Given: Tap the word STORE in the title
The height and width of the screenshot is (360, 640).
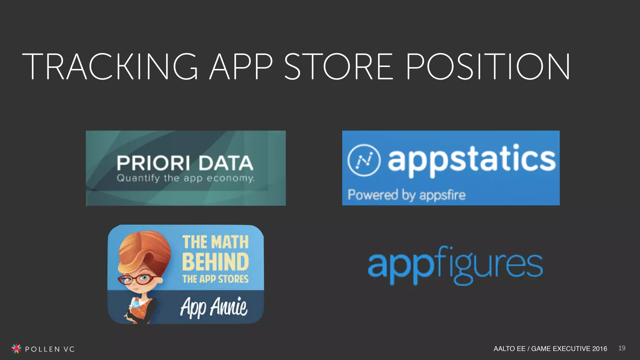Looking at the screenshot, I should click(338, 66).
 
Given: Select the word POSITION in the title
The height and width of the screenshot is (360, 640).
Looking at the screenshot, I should click(488, 66).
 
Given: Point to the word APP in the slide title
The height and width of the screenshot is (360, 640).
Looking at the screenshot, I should click(241, 66).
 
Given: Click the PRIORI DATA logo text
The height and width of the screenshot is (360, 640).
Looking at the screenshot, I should click(185, 163).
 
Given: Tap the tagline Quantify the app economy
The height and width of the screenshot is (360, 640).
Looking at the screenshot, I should click(186, 178).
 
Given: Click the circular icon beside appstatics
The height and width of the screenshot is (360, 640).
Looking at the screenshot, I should click(364, 160).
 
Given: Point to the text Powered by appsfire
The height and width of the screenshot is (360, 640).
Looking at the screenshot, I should click(407, 195).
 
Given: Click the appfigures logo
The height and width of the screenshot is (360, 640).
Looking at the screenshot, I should click(455, 266).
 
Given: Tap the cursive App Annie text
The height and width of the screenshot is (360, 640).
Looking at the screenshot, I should click(214, 307).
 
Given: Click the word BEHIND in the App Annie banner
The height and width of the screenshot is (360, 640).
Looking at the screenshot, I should click(215, 262).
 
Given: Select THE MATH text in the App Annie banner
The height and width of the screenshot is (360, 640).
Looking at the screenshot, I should click(215, 242).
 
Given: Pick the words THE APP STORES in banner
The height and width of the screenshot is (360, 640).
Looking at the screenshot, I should click(215, 279).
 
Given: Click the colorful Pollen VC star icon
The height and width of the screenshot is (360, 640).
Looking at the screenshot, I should click(16, 348).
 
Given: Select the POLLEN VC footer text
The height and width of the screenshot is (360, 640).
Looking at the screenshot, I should click(50, 349).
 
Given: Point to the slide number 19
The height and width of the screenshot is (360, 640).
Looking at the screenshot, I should click(622, 348).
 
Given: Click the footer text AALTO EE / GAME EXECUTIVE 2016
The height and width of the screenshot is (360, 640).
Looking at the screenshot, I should click(550, 348).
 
